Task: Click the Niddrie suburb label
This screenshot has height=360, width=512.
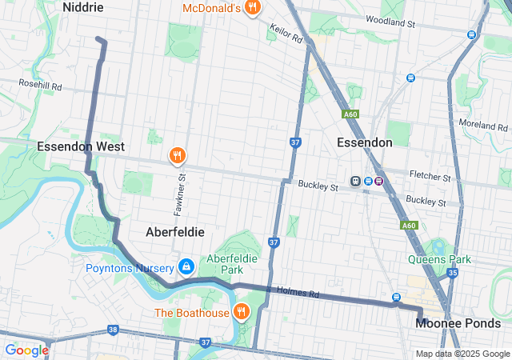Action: pos(83,7)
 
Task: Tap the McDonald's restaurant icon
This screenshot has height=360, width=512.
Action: pos(253,8)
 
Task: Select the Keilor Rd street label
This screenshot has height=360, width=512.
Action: pos(286,33)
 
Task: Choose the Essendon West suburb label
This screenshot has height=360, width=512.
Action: pos(80,146)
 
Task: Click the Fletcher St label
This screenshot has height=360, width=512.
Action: pos(430,174)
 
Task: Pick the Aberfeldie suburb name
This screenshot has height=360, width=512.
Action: pos(175,231)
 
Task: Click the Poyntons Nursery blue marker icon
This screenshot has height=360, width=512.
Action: pos(186,266)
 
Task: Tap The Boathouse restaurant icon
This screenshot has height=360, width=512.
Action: pos(240,312)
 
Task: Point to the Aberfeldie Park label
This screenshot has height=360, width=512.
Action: pos(236,264)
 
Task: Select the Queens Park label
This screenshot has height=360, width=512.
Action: pos(439,259)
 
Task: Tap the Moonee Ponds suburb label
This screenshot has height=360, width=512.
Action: pos(458,323)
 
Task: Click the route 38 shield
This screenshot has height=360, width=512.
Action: pos(113,330)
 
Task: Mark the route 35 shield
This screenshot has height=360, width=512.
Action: pos(452,274)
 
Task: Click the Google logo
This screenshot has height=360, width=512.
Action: pos(26,350)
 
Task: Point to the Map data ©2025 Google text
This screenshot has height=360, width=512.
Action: pos(462,354)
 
